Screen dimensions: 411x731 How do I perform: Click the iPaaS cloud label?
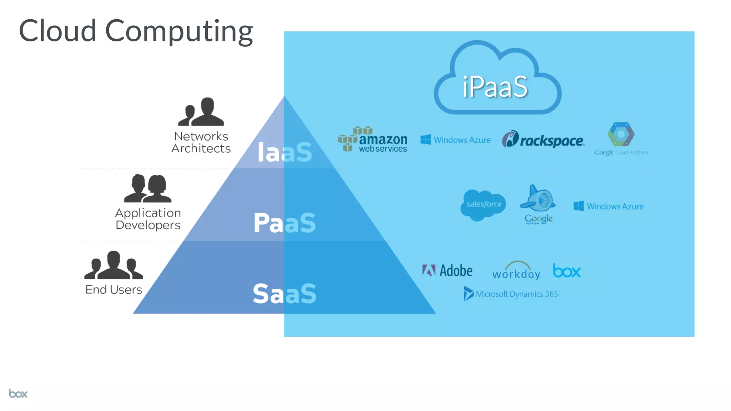tap(495, 87)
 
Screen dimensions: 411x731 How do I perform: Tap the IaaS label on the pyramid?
tap(284, 152)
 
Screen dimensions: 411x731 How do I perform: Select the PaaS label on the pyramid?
tap(284, 223)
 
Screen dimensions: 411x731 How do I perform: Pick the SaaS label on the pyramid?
tap(284, 294)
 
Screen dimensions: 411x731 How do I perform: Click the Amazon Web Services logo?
tap(373, 140)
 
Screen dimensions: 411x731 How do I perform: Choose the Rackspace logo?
tap(543, 139)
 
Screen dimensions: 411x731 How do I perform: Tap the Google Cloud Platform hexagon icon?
tap(621, 134)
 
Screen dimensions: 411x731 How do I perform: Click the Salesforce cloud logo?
tap(483, 204)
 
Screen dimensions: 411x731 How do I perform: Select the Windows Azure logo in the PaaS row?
tap(609, 206)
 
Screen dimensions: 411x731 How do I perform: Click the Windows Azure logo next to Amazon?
tap(456, 140)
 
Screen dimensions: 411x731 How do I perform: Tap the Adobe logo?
tap(447, 271)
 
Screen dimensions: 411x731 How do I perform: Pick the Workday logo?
tap(516, 271)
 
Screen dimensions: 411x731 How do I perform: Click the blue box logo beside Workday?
tap(566, 271)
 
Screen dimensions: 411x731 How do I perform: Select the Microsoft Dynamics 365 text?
tap(516, 294)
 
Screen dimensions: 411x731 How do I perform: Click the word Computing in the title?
tap(179, 31)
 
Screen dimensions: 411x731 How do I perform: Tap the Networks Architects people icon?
tap(201, 112)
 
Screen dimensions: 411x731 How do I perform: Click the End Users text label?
tap(114, 289)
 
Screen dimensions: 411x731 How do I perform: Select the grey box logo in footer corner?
tap(18, 394)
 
